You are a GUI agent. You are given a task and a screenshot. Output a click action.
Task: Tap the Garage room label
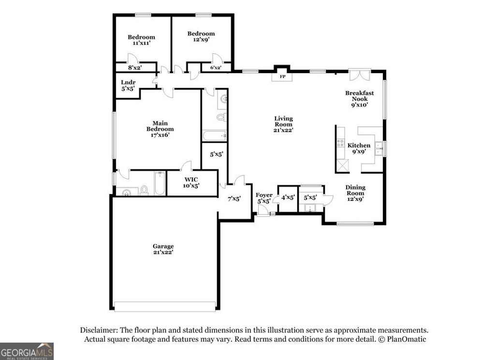(x=163, y=249)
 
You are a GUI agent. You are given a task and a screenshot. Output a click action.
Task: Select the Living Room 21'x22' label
(x=283, y=124)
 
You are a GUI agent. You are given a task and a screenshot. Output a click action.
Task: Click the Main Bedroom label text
(x=160, y=129)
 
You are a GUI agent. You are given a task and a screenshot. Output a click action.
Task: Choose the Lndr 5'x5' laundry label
(x=128, y=86)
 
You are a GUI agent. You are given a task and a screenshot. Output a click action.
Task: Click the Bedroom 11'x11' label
(x=141, y=40)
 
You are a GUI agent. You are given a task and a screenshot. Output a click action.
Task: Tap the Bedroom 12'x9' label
(x=201, y=37)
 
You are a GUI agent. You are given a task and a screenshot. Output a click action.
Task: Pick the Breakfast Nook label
(x=359, y=99)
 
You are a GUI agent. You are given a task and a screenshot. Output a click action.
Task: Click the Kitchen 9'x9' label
(x=359, y=148)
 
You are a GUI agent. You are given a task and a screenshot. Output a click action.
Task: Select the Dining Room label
(x=355, y=193)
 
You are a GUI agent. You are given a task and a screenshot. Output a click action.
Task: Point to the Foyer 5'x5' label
(x=264, y=198)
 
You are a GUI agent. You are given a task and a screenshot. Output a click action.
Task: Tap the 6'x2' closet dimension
(x=216, y=68)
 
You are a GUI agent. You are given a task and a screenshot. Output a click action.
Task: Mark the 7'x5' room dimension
(x=234, y=198)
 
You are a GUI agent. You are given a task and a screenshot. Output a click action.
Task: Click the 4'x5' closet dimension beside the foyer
(x=288, y=197)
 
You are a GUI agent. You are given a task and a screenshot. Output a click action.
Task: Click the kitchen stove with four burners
(x=340, y=143)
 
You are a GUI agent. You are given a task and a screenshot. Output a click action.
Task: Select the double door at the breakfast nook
(x=360, y=76)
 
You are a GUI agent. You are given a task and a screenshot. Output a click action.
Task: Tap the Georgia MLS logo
(x=27, y=351)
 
